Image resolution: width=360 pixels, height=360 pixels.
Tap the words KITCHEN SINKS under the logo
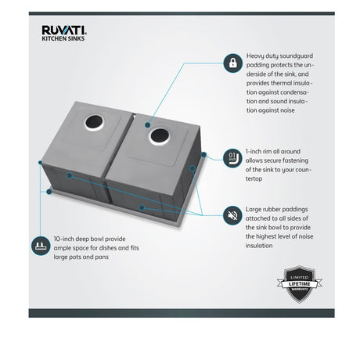click(x=63, y=38)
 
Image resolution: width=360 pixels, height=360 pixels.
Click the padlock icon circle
click(x=232, y=63)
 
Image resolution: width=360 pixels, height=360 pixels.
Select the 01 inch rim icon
click(x=232, y=158)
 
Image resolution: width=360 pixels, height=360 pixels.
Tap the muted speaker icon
click(x=232, y=215)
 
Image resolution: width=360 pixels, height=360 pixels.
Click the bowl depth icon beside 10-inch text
click(x=41, y=246)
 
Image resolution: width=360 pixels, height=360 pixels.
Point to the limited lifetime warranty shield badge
click(x=300, y=284)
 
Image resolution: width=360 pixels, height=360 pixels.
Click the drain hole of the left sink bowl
click(x=94, y=122)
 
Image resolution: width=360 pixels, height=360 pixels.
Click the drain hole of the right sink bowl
click(x=160, y=135)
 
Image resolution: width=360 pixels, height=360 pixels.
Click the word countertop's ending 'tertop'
click(x=254, y=179)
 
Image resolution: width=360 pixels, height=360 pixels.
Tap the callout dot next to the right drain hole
click(x=148, y=125)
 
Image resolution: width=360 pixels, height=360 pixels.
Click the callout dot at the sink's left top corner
click(x=40, y=163)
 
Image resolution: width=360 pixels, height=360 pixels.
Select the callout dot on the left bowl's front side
click(x=70, y=175)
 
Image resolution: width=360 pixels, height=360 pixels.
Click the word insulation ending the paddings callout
click(x=259, y=246)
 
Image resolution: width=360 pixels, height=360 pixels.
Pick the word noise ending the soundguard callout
click(x=287, y=110)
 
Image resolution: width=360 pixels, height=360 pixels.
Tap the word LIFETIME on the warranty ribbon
click(x=300, y=284)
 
